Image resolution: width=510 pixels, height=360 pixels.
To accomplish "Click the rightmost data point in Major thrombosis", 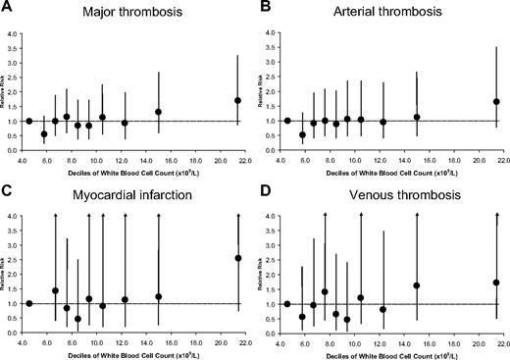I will [x=237, y=100].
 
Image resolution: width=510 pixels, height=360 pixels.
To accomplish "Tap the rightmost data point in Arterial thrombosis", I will [x=496, y=101].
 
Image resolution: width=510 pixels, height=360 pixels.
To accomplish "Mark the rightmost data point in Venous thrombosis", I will [x=496, y=283].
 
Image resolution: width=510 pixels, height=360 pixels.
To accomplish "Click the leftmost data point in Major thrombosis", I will [x=28, y=121].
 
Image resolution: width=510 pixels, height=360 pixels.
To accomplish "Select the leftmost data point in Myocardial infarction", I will [x=28, y=303].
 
